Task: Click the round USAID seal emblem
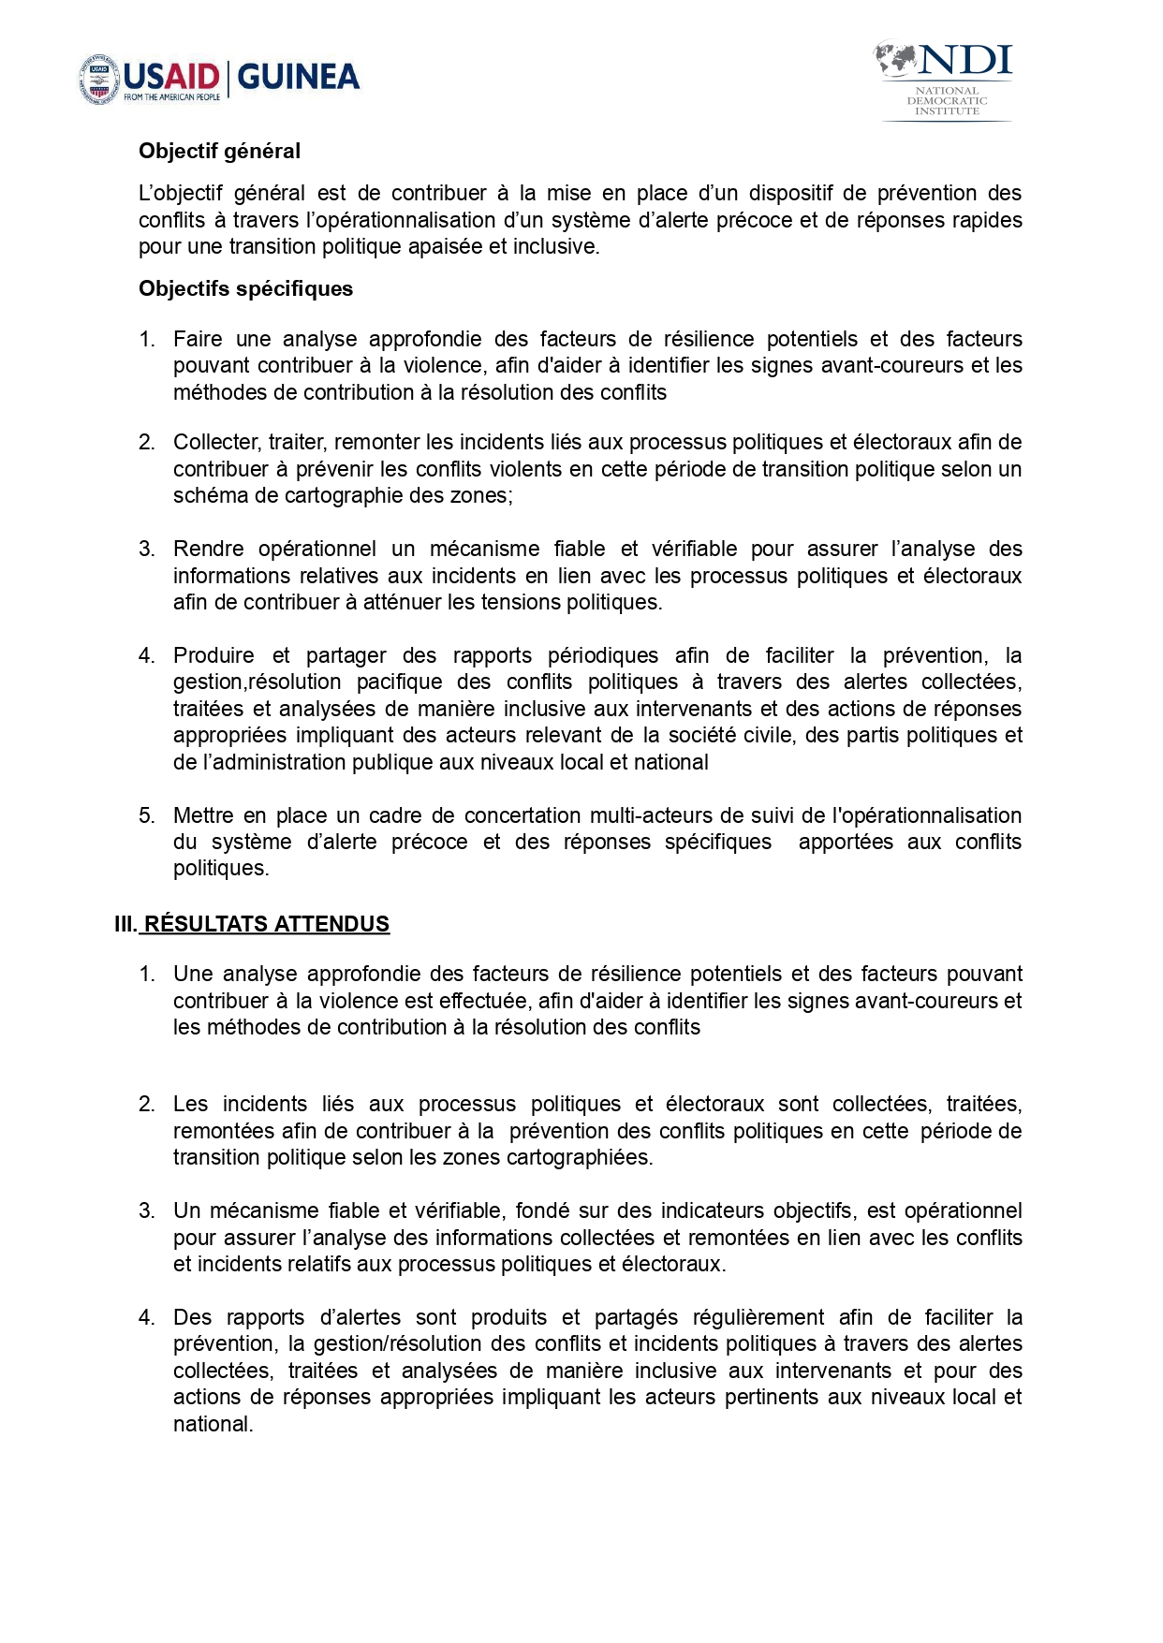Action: pyautogui.click(x=99, y=78)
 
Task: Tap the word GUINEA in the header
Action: pyautogui.click(x=299, y=77)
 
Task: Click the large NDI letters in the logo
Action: pyautogui.click(x=964, y=62)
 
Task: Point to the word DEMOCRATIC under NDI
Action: pyautogui.click(x=947, y=100)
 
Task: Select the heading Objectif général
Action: pyautogui.click(x=219, y=151)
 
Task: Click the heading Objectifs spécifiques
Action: pyautogui.click(x=245, y=288)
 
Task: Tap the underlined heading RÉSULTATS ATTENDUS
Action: pyautogui.click(x=267, y=924)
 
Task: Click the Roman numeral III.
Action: pyautogui.click(x=125, y=924)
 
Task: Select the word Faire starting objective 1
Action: pyautogui.click(x=198, y=339)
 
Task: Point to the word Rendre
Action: pyautogui.click(x=207, y=549)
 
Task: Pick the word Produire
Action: pyautogui.click(x=213, y=655)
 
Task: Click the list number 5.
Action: pyautogui.click(x=146, y=815)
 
